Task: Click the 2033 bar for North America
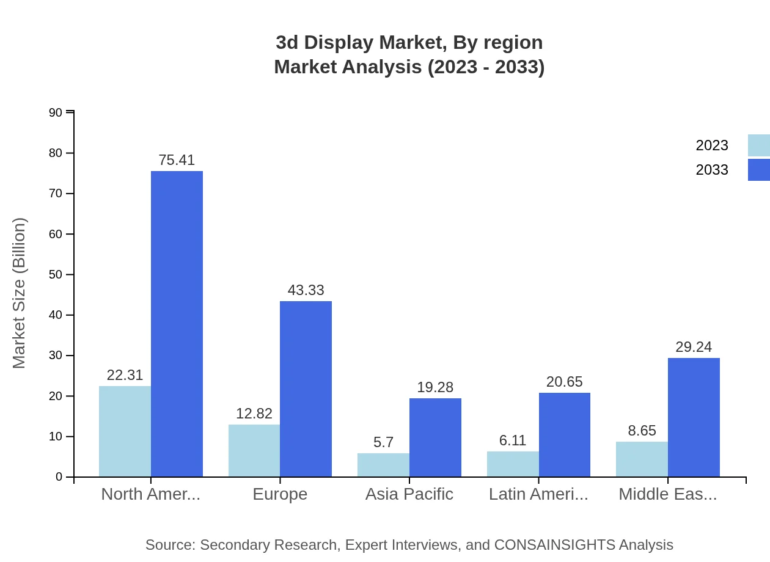point(177,324)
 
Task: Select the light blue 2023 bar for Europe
point(254,451)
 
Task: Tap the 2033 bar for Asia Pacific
point(435,437)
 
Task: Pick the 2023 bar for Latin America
point(513,464)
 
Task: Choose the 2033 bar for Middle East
point(694,417)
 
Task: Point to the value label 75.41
point(177,160)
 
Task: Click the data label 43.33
point(306,290)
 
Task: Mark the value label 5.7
point(383,442)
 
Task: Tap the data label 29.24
point(694,347)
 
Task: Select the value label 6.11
point(513,440)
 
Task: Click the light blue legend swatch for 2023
point(758,145)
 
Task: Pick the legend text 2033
point(712,170)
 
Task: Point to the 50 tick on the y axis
point(56,274)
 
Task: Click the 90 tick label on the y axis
point(56,112)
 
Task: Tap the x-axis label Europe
point(280,494)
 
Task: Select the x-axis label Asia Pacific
point(409,494)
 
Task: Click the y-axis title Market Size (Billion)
point(20,293)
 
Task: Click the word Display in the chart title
point(342,43)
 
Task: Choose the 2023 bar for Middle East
point(642,459)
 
